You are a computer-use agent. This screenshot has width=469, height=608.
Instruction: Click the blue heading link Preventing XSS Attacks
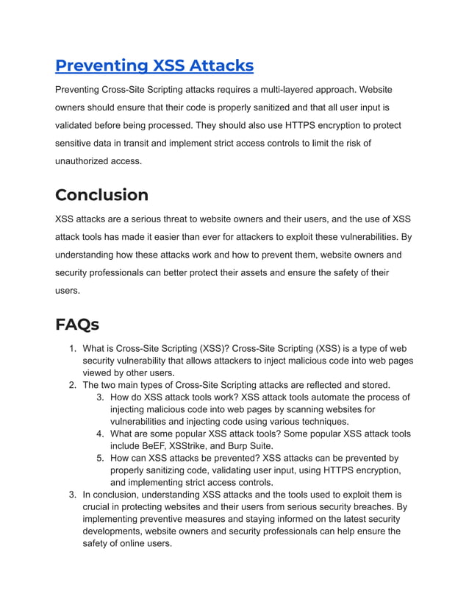[x=154, y=66]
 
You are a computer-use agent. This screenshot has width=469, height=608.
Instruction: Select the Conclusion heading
[x=101, y=195]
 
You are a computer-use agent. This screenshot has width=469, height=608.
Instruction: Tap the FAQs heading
[x=77, y=325]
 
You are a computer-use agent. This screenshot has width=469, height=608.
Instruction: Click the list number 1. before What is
[x=73, y=349]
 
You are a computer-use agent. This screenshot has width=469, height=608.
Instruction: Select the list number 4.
[x=100, y=434]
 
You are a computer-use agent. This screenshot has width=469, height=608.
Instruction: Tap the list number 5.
[x=100, y=458]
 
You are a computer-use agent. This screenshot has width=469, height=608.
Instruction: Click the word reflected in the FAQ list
[x=329, y=385]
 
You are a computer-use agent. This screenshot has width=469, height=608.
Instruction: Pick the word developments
[x=111, y=531]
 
